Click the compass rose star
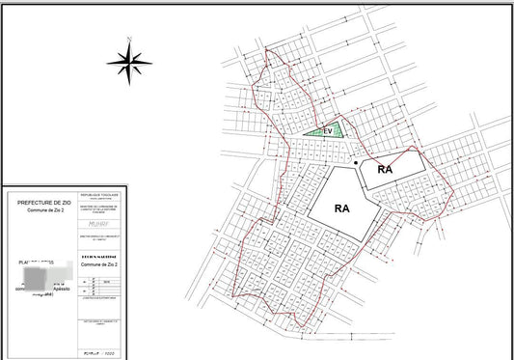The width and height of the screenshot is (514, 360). [x=129, y=63]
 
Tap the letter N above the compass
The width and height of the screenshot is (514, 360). [x=129, y=40]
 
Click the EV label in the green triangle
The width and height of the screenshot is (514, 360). [x=328, y=130]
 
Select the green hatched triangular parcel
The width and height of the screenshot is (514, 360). [x=332, y=129]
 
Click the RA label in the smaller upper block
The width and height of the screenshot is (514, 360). [x=386, y=169]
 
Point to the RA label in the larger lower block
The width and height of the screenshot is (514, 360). [x=340, y=207]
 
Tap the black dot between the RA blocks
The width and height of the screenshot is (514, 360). [x=356, y=163]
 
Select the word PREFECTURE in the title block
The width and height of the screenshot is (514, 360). [x=32, y=202]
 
